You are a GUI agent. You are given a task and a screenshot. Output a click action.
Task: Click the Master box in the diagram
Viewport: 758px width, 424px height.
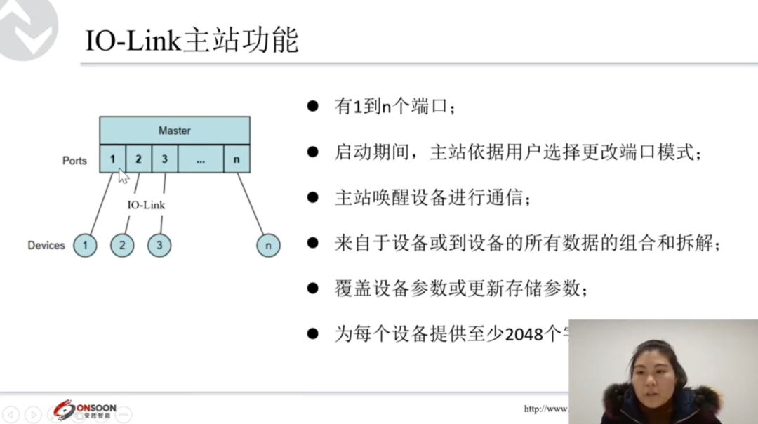[175, 131]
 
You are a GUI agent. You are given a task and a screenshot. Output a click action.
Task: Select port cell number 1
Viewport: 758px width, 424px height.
[112, 159]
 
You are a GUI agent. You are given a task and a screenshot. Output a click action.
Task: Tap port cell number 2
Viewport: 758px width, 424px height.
[138, 159]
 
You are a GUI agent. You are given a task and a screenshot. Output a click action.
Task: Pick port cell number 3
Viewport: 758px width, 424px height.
[164, 159]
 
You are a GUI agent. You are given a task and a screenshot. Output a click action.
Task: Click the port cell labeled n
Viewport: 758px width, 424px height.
[237, 159]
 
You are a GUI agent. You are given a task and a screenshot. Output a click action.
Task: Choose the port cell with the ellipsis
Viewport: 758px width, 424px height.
[201, 159]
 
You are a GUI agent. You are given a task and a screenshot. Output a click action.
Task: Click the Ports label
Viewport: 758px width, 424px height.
[74, 161]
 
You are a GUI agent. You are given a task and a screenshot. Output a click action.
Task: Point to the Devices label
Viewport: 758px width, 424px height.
[46, 246]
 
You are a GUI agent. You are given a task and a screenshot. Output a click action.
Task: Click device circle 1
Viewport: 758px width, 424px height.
[85, 246]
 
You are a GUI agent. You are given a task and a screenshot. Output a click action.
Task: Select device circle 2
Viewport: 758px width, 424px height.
[122, 246]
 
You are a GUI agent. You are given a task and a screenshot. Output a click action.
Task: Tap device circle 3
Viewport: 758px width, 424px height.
[159, 246]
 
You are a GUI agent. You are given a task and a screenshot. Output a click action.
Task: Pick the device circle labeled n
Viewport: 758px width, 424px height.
[268, 246]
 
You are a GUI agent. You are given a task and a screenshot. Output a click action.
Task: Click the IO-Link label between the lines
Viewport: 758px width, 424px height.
[146, 206]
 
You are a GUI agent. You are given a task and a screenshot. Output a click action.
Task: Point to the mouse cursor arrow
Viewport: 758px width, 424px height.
[123, 175]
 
